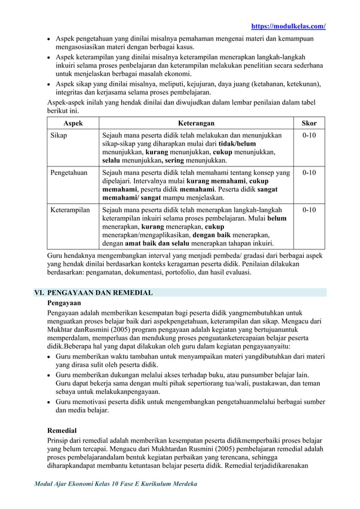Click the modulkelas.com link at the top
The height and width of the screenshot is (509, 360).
pos(288,26)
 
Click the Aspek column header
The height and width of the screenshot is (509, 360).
pos(72,122)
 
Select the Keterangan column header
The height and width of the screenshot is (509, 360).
pos(196,122)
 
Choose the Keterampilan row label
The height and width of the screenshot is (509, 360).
pos(71,210)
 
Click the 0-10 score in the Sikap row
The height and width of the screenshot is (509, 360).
pos(309,136)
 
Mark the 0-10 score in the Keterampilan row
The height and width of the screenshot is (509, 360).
pos(309,210)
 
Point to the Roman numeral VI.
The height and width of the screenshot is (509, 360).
pos(39,293)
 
